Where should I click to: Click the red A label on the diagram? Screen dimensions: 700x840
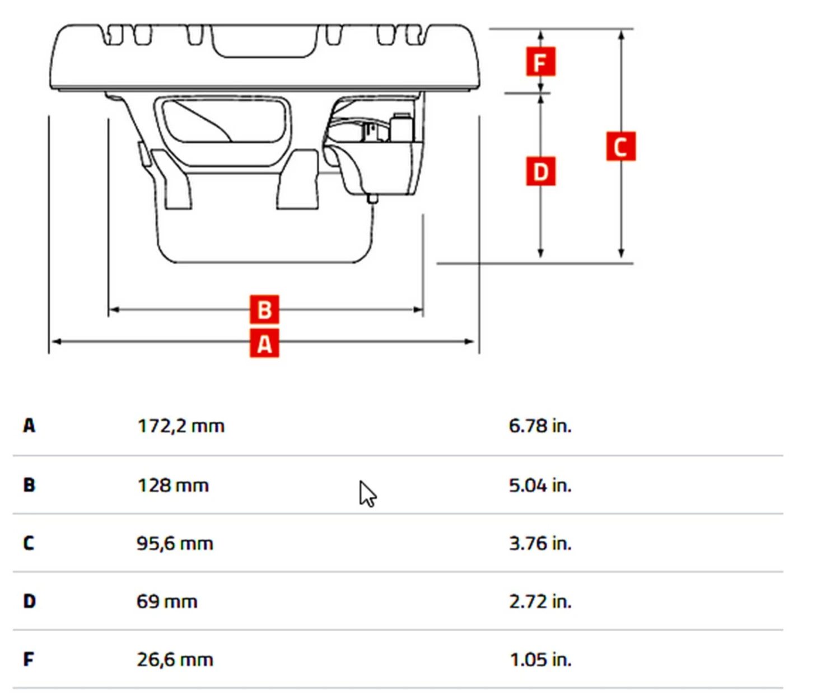264,343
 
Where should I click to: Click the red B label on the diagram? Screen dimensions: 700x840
264,309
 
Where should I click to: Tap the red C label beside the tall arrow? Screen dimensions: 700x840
620,147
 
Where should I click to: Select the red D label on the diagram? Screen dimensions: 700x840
540,171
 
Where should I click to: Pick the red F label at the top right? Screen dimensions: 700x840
540,62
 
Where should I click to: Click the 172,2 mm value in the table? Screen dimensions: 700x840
181,426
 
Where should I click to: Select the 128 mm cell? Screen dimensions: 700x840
173,485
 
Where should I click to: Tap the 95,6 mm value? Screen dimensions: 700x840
175,543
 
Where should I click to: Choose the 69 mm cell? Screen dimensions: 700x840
167,601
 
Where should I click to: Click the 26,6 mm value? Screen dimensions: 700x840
175,660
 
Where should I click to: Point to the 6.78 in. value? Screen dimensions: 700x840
540,426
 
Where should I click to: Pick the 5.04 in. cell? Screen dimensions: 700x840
540,485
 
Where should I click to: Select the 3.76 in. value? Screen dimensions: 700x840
540,543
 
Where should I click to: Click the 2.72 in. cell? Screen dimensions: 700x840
540,601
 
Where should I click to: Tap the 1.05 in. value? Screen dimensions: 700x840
540,660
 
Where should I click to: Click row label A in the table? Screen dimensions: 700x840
29,426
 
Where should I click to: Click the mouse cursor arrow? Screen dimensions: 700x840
367,494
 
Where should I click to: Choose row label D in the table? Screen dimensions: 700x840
29,601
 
